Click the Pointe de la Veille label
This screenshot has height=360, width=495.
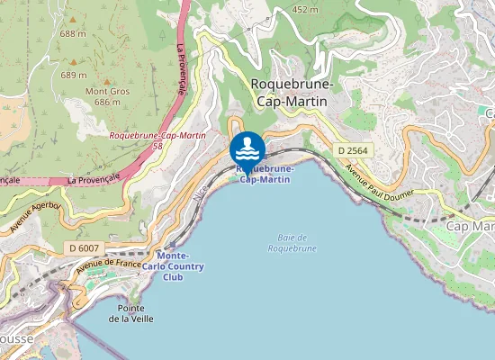(131, 313)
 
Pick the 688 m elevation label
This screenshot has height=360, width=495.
(73, 33)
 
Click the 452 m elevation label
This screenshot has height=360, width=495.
(305, 10)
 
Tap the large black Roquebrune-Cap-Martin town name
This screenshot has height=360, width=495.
(292, 93)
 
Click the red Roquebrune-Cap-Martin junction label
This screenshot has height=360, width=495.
(157, 135)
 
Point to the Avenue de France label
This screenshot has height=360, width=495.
(109, 264)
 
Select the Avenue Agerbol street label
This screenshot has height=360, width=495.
(33, 219)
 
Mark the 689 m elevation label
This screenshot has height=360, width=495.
(73, 76)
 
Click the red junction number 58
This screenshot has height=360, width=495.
(157, 145)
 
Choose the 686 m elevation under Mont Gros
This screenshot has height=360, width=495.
(107, 103)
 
